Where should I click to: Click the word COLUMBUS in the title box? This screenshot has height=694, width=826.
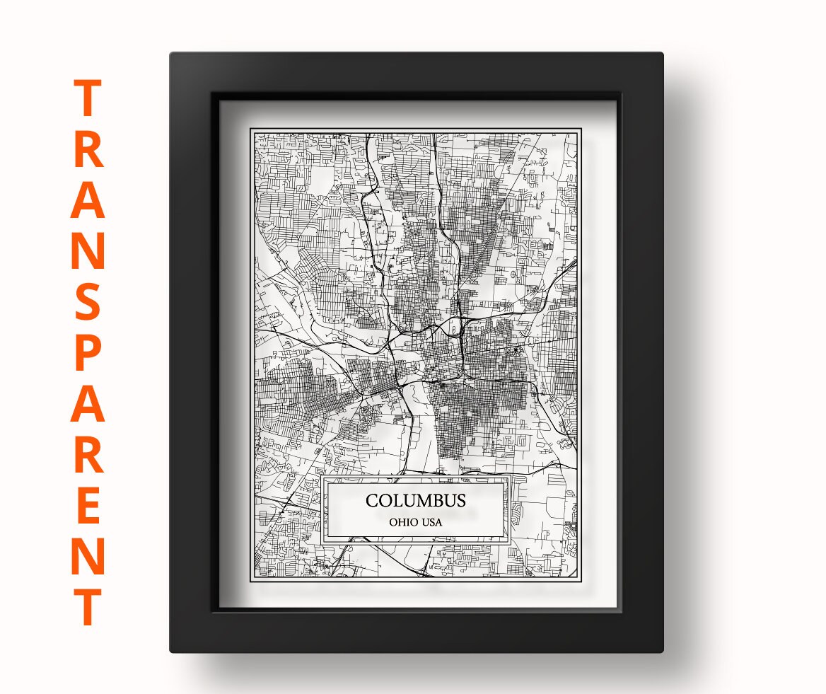[415, 501]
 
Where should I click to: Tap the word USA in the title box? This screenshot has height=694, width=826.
[431, 523]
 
